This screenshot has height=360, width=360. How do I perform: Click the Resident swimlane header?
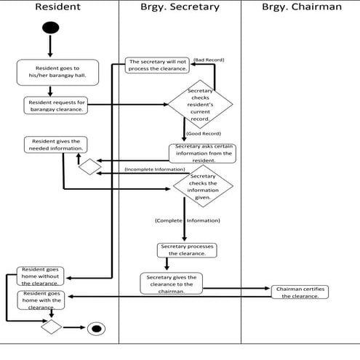(x=57, y=7)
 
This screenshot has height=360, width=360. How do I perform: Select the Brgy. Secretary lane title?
(x=180, y=7)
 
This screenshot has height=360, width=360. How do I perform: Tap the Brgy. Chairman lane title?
(x=302, y=7)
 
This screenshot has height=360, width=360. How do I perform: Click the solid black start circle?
(x=50, y=28)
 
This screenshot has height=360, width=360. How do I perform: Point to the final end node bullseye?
(x=96, y=329)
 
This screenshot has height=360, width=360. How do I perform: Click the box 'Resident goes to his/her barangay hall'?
(x=57, y=72)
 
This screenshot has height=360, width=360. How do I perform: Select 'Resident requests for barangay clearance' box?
(x=56, y=105)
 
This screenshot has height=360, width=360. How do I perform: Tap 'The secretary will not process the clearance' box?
(x=157, y=65)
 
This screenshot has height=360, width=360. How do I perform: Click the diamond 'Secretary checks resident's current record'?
(x=200, y=105)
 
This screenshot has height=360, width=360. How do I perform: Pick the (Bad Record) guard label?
(x=209, y=60)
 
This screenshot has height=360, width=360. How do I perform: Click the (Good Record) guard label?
(x=204, y=134)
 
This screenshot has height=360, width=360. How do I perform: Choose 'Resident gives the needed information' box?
(x=56, y=145)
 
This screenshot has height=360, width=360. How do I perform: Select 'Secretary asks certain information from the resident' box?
(x=202, y=153)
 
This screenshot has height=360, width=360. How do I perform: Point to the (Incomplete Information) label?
(x=155, y=169)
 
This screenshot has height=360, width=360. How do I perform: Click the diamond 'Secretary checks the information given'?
(x=203, y=186)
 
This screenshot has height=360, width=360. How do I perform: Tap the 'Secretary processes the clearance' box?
(x=187, y=250)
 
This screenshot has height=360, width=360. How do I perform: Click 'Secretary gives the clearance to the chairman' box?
(x=172, y=284)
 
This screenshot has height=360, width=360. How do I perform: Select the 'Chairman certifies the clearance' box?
(x=300, y=292)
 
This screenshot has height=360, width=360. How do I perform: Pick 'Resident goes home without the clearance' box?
(x=40, y=276)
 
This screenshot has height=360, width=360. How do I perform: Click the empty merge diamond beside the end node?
(x=52, y=327)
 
